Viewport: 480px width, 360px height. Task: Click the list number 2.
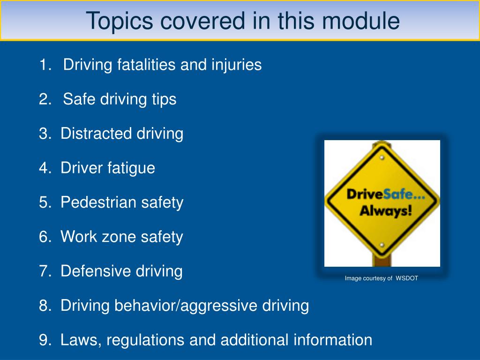pos(45,99)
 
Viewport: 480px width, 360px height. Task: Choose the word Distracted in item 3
pos(97,134)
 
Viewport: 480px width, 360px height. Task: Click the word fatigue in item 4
pos(132,168)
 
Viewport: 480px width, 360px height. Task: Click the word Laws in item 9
pos(79,340)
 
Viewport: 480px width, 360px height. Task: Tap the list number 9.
pos(45,340)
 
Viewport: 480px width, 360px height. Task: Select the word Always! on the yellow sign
pos(386,210)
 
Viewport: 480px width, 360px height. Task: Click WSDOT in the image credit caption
pos(406,278)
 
